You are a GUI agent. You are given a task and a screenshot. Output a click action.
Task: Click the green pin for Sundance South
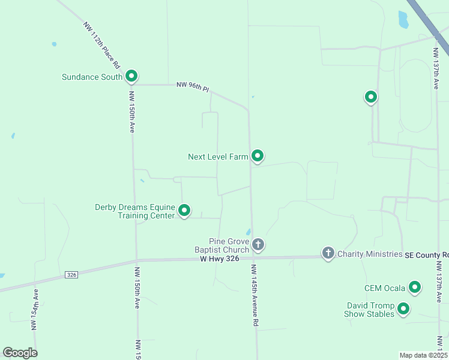(131, 76)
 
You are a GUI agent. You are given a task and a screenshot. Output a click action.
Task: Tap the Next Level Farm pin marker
(258, 156)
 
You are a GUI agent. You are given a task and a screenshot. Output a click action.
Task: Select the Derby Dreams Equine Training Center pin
(184, 211)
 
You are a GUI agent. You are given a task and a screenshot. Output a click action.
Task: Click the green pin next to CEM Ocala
(414, 287)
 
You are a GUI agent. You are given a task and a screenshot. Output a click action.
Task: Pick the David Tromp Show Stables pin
(403, 309)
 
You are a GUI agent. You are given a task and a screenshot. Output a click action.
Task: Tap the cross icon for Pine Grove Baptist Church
(258, 244)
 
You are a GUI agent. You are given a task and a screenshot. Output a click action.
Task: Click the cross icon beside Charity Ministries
(328, 253)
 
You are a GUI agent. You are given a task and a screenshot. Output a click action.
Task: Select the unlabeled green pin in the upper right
(371, 96)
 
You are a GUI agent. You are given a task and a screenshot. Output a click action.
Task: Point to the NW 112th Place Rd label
(103, 44)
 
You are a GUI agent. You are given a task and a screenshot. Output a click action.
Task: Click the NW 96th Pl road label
(193, 87)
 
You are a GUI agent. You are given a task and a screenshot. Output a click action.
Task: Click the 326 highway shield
(71, 275)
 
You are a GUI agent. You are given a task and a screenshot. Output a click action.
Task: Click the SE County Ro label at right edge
(426, 254)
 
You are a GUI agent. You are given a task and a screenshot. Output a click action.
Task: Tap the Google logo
(20, 353)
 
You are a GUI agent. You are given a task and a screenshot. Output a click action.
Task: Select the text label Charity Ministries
(370, 254)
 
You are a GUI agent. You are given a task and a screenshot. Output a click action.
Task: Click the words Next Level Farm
(218, 157)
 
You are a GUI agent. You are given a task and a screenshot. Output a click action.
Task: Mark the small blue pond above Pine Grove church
(249, 232)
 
